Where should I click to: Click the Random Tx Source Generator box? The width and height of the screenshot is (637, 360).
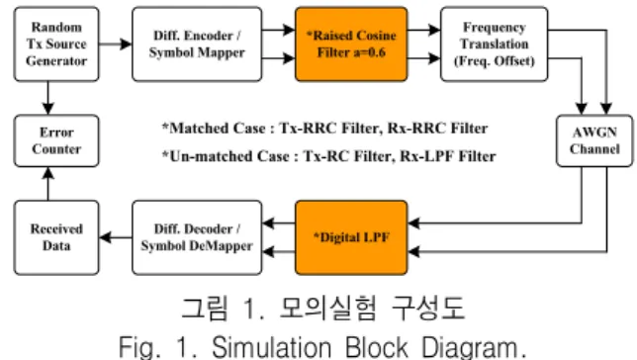tap(56, 44)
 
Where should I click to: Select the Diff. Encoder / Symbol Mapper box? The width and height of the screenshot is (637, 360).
tap(197, 44)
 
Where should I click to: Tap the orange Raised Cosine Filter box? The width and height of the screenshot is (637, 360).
tap(351, 44)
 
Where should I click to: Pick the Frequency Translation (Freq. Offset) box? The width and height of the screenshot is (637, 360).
tap(494, 44)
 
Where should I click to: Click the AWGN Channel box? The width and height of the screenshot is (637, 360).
tap(594, 140)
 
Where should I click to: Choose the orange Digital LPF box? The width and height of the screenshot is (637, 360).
tap(351, 237)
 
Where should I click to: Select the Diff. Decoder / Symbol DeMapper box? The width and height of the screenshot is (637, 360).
tap(197, 237)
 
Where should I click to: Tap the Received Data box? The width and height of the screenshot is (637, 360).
tap(56, 237)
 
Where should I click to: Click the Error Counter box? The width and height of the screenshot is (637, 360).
tap(56, 140)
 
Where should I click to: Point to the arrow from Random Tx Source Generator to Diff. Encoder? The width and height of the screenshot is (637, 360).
tap(116, 44)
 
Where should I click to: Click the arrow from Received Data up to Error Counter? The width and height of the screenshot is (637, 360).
tap(48, 184)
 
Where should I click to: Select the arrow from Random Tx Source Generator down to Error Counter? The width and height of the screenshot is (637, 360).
tap(48, 98)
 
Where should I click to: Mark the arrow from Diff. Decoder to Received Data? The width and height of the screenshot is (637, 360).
tap(116, 237)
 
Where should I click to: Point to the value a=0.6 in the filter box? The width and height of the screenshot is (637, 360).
tap(369, 52)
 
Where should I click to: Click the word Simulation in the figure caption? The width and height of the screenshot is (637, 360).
tap(272, 347)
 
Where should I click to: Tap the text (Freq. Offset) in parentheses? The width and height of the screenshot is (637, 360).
tap(494, 61)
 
